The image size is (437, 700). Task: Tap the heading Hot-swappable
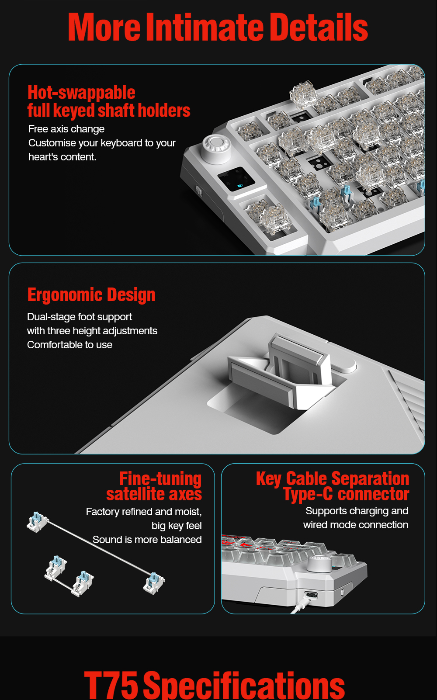coord(81,93)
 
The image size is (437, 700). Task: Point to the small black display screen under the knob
coord(236,179)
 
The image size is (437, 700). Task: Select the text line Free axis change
coord(66,129)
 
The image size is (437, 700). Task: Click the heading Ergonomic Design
coord(91,295)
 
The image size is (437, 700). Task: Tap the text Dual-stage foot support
coord(80,316)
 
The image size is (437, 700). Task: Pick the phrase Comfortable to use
coord(70,345)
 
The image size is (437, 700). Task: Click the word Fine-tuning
coord(160,479)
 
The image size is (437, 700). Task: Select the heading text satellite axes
coord(154,494)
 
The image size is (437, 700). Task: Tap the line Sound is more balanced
coord(147,540)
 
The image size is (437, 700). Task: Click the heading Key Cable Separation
coord(333,479)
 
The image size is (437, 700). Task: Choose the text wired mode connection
coord(356,525)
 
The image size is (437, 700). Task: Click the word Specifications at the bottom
coord(244,686)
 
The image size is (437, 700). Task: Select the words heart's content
coord(62,157)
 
